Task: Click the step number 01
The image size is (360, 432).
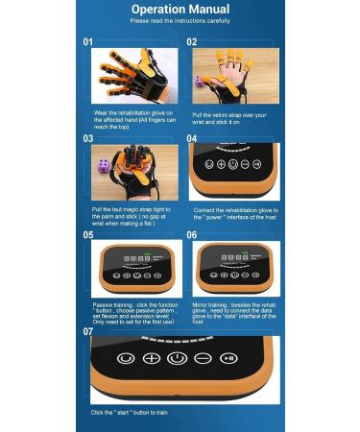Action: pyautogui.click(x=87, y=42)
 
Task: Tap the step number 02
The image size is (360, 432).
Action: pyautogui.click(x=191, y=42)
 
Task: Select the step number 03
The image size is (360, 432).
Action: pyautogui.click(x=87, y=138)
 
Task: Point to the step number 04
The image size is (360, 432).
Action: pyautogui.click(x=191, y=138)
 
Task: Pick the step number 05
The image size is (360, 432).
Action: pyautogui.click(x=87, y=234)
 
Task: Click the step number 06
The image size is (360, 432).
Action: pyautogui.click(x=191, y=234)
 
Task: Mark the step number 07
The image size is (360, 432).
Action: pyautogui.click(x=87, y=331)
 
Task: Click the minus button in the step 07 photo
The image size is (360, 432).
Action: pyautogui.click(x=203, y=358)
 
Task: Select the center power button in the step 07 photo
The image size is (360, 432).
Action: pyautogui.click(x=177, y=358)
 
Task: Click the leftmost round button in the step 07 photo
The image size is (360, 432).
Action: pyautogui.click(x=125, y=358)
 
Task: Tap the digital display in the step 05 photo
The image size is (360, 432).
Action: pyautogui.click(x=136, y=258)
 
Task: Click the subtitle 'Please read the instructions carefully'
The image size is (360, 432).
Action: pyautogui.click(x=180, y=19)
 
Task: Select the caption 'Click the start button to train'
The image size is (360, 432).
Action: pyautogui.click(x=133, y=412)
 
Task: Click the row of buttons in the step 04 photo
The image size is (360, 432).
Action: pyautogui.click(x=228, y=164)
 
